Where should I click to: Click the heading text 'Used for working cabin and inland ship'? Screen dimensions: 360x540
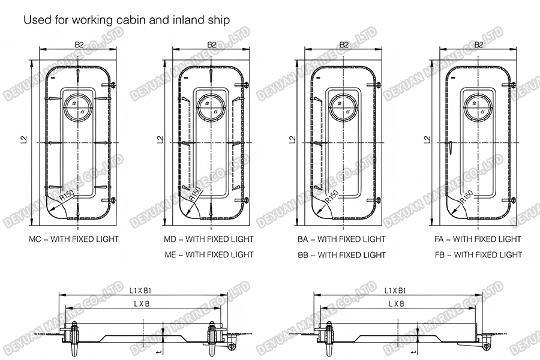pos(127,19)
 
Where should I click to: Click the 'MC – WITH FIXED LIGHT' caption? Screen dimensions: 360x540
pos(74,239)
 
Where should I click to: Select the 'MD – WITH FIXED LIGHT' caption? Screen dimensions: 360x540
pos(209,239)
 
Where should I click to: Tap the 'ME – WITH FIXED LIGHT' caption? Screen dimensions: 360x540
pos(209,254)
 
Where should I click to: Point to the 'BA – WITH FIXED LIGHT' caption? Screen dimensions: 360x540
pos(341,239)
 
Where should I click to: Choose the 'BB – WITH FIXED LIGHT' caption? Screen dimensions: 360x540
pos(341,254)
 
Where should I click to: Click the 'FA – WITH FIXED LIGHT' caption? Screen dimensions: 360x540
pos(478,239)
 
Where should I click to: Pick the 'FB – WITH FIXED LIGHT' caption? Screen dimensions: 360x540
pos(478,254)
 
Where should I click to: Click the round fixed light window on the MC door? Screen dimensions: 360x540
pos(77,107)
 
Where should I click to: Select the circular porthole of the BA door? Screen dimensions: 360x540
pos(344,107)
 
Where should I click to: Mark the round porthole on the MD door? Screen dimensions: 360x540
pos(211,107)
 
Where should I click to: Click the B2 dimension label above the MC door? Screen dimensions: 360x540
pos(78,44)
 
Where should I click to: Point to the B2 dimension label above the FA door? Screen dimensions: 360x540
pos(479,44)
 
